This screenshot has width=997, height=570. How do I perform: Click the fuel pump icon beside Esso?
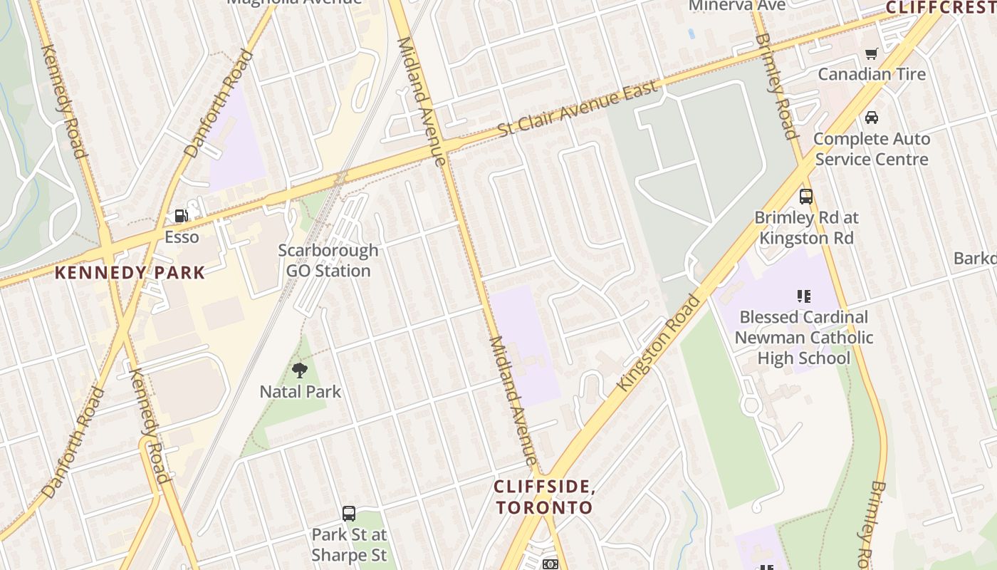tap(182, 215)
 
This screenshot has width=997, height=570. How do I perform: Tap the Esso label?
tap(182, 237)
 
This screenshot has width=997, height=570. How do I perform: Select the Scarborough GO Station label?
tap(328, 261)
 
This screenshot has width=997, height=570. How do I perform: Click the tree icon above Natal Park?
tap(300, 370)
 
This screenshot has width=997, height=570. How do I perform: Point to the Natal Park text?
tap(300, 391)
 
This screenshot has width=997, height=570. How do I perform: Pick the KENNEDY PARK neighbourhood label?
tap(130, 272)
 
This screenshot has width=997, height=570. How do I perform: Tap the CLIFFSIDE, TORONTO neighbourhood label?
tap(544, 497)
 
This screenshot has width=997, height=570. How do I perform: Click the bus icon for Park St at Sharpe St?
tap(349, 513)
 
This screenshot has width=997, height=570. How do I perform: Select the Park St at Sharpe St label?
tap(349, 544)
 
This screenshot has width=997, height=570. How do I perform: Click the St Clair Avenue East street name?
tap(577, 109)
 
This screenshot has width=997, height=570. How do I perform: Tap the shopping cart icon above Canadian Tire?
tap(871, 53)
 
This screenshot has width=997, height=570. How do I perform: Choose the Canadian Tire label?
tap(872, 74)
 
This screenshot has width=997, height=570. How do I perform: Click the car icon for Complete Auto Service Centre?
tap(872, 118)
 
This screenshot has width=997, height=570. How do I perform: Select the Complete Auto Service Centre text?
tap(872, 148)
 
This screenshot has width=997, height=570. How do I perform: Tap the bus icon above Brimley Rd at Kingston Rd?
tap(806, 197)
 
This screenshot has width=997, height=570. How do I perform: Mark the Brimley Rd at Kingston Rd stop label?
tap(806, 228)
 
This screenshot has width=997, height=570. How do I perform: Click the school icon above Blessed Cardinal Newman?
tap(804, 296)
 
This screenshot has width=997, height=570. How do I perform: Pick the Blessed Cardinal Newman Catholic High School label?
tap(804, 337)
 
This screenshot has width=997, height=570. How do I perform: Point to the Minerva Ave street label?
tap(737, 6)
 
